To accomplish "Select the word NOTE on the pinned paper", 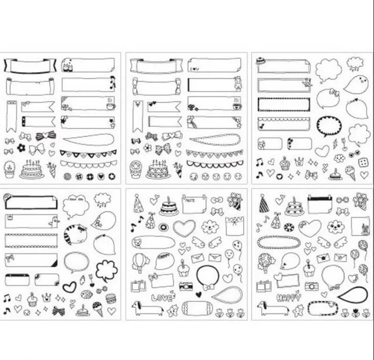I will [188, 200].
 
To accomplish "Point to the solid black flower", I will [21, 148].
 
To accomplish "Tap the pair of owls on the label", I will [67, 65].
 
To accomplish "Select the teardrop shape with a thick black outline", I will [352, 294].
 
